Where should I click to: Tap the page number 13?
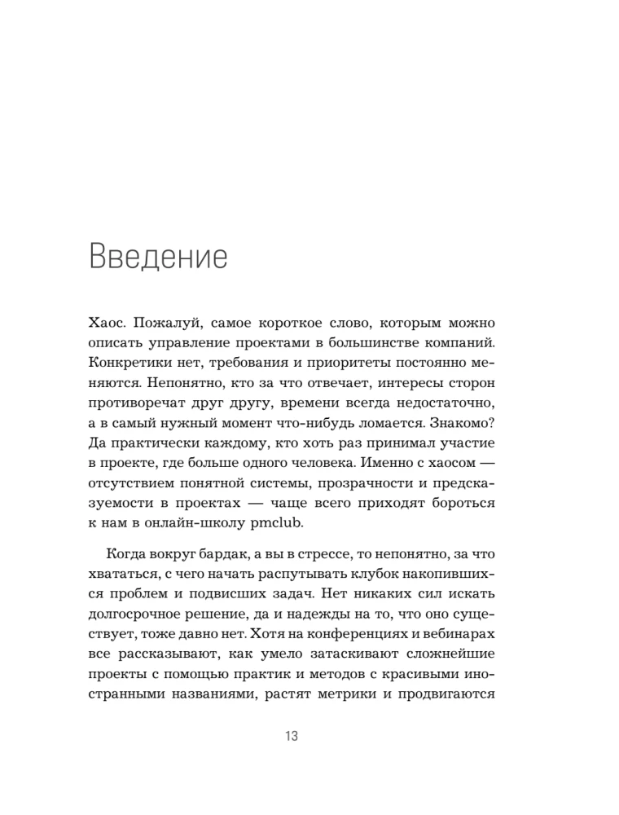coord(292,737)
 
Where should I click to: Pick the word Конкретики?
coord(129,363)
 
